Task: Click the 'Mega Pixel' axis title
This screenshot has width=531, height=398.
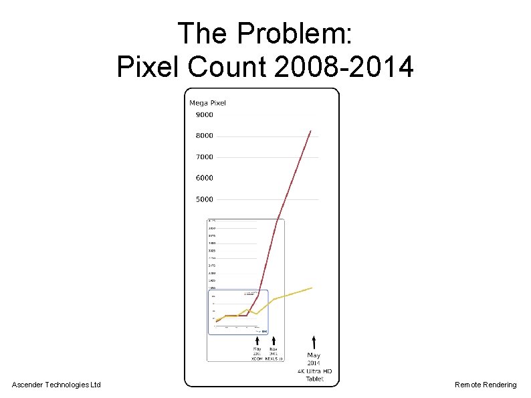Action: tap(207, 103)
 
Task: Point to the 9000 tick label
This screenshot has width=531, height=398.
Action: tap(204, 115)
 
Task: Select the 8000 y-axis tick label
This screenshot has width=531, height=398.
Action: tap(204, 136)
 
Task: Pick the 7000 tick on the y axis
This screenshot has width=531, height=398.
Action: tap(204, 157)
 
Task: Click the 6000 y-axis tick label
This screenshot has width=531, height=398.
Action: tap(204, 178)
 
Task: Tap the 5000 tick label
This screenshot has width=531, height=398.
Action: tap(204, 199)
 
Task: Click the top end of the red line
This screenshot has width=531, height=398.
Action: tap(311, 131)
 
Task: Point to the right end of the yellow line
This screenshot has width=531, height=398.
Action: tap(312, 288)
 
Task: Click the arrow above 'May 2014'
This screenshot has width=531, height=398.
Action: tap(314, 342)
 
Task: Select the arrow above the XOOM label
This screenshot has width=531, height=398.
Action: tap(257, 340)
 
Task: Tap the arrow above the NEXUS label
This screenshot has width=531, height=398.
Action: tap(274, 340)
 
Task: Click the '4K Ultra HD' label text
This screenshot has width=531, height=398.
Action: tap(314, 371)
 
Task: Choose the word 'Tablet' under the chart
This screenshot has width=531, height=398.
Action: tap(314, 379)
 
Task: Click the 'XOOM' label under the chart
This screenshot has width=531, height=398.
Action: tap(257, 359)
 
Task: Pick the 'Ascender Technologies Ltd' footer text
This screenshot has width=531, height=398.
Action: tap(56, 385)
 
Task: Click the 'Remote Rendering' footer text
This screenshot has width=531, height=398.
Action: tap(486, 385)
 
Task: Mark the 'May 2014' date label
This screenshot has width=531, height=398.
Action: tap(314, 359)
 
